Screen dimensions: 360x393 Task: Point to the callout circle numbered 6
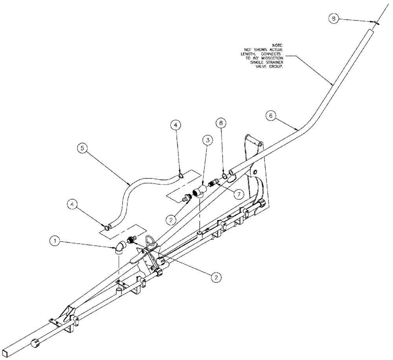coord(270,116)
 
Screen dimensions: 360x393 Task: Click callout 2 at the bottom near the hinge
coord(215,277)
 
